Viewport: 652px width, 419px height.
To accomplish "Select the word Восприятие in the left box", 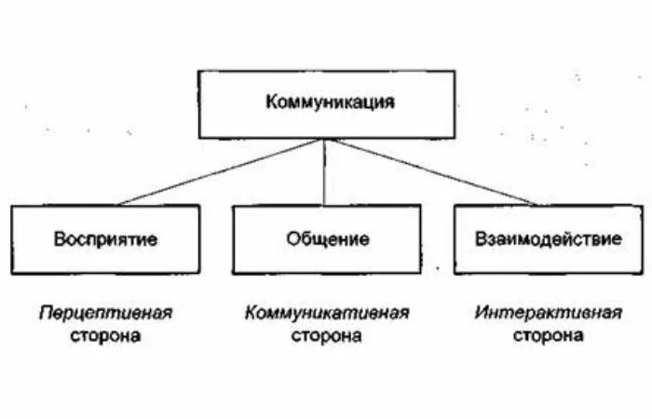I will (105, 239).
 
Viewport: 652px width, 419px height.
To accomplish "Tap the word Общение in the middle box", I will (327, 239).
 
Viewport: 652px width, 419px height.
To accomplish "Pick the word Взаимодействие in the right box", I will (548, 239).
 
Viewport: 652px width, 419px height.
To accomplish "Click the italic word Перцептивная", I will (105, 313).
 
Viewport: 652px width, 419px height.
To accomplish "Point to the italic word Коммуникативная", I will (327, 313).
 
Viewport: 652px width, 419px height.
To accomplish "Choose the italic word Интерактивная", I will (548, 313).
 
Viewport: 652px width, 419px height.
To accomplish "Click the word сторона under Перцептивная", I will (105, 335).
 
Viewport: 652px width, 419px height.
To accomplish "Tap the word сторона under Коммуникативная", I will (327, 335).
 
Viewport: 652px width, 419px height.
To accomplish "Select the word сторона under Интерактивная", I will (548, 335).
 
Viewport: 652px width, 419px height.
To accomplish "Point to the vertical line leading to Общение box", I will (324, 172).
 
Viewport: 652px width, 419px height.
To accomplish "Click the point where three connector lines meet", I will (324, 139).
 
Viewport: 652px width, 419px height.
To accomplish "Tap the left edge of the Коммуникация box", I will (197, 104).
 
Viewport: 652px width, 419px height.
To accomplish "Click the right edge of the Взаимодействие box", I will (643, 239).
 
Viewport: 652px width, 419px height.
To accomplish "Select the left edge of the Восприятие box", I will (12, 239).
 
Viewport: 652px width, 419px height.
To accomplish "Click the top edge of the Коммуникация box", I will (325, 71).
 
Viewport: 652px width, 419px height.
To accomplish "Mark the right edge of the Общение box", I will (420, 239).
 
